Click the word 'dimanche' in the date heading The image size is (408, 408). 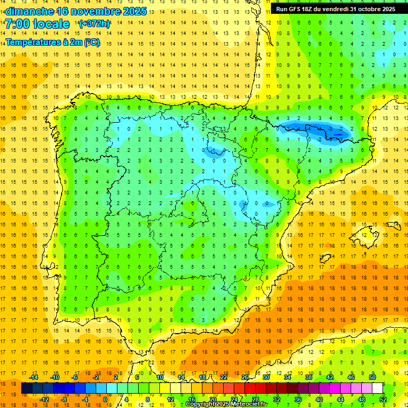click(x=29, y=11)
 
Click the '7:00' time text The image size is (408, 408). click(x=18, y=24)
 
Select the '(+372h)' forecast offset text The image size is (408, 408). click(x=94, y=24)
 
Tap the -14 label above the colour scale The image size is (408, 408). click(x=33, y=377)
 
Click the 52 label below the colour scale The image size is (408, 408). click(x=383, y=399)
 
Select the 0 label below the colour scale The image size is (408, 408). click(x=105, y=399)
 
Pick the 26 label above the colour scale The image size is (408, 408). click(x=245, y=377)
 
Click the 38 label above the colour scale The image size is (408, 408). click(x=309, y=377)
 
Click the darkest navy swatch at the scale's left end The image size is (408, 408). click(x=27, y=388)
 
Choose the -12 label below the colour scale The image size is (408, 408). click(x=44, y=399)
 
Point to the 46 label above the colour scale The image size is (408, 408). click(x=351, y=377)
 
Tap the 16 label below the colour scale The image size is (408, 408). click(x=192, y=399)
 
